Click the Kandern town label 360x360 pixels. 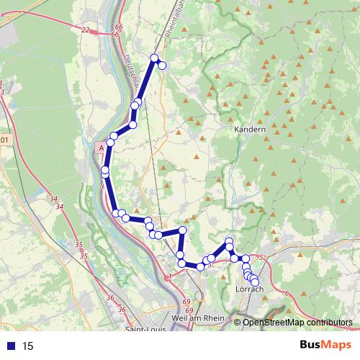[250, 130]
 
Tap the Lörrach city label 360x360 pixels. [250, 289]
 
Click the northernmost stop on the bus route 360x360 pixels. [154, 58]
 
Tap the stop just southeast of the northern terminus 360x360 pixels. [162, 66]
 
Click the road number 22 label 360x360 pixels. [86, 30]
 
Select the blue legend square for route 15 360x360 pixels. [10, 346]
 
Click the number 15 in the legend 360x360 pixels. [28, 346]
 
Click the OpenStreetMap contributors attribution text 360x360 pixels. [297, 323]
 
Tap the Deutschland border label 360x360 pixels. [131, 72]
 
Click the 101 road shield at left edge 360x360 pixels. [4, 140]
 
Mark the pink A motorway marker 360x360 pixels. [101, 146]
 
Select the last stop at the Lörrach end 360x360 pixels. [254, 282]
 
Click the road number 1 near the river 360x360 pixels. [168, 276]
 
